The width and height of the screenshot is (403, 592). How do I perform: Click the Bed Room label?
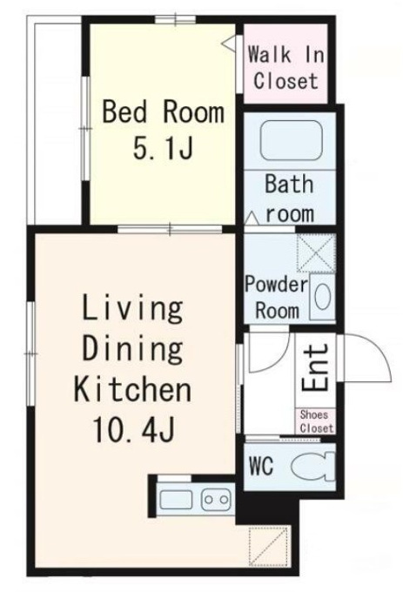coord(163,111)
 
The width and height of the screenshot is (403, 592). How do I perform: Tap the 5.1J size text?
coord(164,147)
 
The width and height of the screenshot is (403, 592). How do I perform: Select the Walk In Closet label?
coord(285,68)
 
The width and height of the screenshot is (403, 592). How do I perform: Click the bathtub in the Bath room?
coord(292,140)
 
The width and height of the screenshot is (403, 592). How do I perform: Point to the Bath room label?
coord(290,198)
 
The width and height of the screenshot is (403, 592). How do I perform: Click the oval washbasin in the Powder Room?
coord(323,297)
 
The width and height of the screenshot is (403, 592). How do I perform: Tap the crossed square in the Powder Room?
coord(316,252)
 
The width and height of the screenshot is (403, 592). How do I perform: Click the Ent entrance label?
coord(315,368)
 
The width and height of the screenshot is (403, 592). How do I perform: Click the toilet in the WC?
coord(312,467)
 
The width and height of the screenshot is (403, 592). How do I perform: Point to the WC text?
coord(261,467)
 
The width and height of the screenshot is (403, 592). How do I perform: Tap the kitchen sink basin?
coord(176,500)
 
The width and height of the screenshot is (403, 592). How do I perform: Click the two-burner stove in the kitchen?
coord(216,500)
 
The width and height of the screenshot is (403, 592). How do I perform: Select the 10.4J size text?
coord(133,430)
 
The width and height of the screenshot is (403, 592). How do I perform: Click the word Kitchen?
coord(132,388)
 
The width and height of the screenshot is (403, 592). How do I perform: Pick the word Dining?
coord(132,348)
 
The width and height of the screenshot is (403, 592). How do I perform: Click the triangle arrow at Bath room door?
coord(252,219)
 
